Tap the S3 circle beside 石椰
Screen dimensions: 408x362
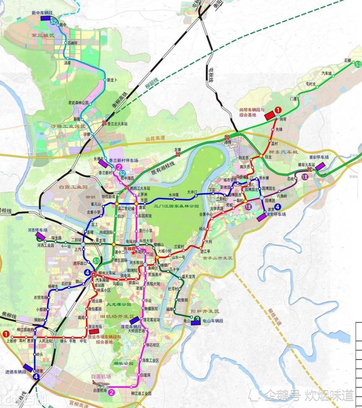(x=358, y=64)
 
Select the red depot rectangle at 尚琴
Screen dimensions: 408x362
(x=269, y=116)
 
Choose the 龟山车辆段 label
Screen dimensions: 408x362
(x=213, y=321)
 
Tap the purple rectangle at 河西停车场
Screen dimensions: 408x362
(x=41, y=236)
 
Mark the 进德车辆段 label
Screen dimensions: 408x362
(x=15, y=372)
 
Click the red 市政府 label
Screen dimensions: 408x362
(x=130, y=248)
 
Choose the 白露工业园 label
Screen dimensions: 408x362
(x=73, y=186)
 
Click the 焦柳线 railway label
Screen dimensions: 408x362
(x=8, y=313)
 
